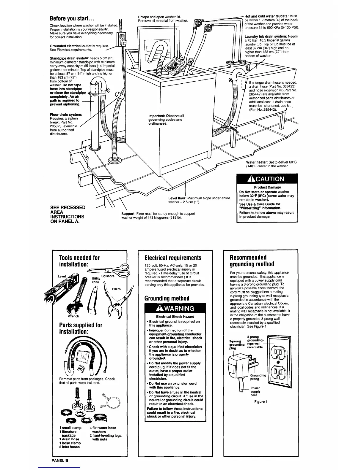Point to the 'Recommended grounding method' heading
(x=248, y=261)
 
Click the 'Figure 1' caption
(x=261, y=401)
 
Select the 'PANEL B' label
(x=60, y=461)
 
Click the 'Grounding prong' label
(x=258, y=377)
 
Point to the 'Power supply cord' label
(x=255, y=391)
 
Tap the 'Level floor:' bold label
(x=178, y=198)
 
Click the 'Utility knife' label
(x=95, y=280)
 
